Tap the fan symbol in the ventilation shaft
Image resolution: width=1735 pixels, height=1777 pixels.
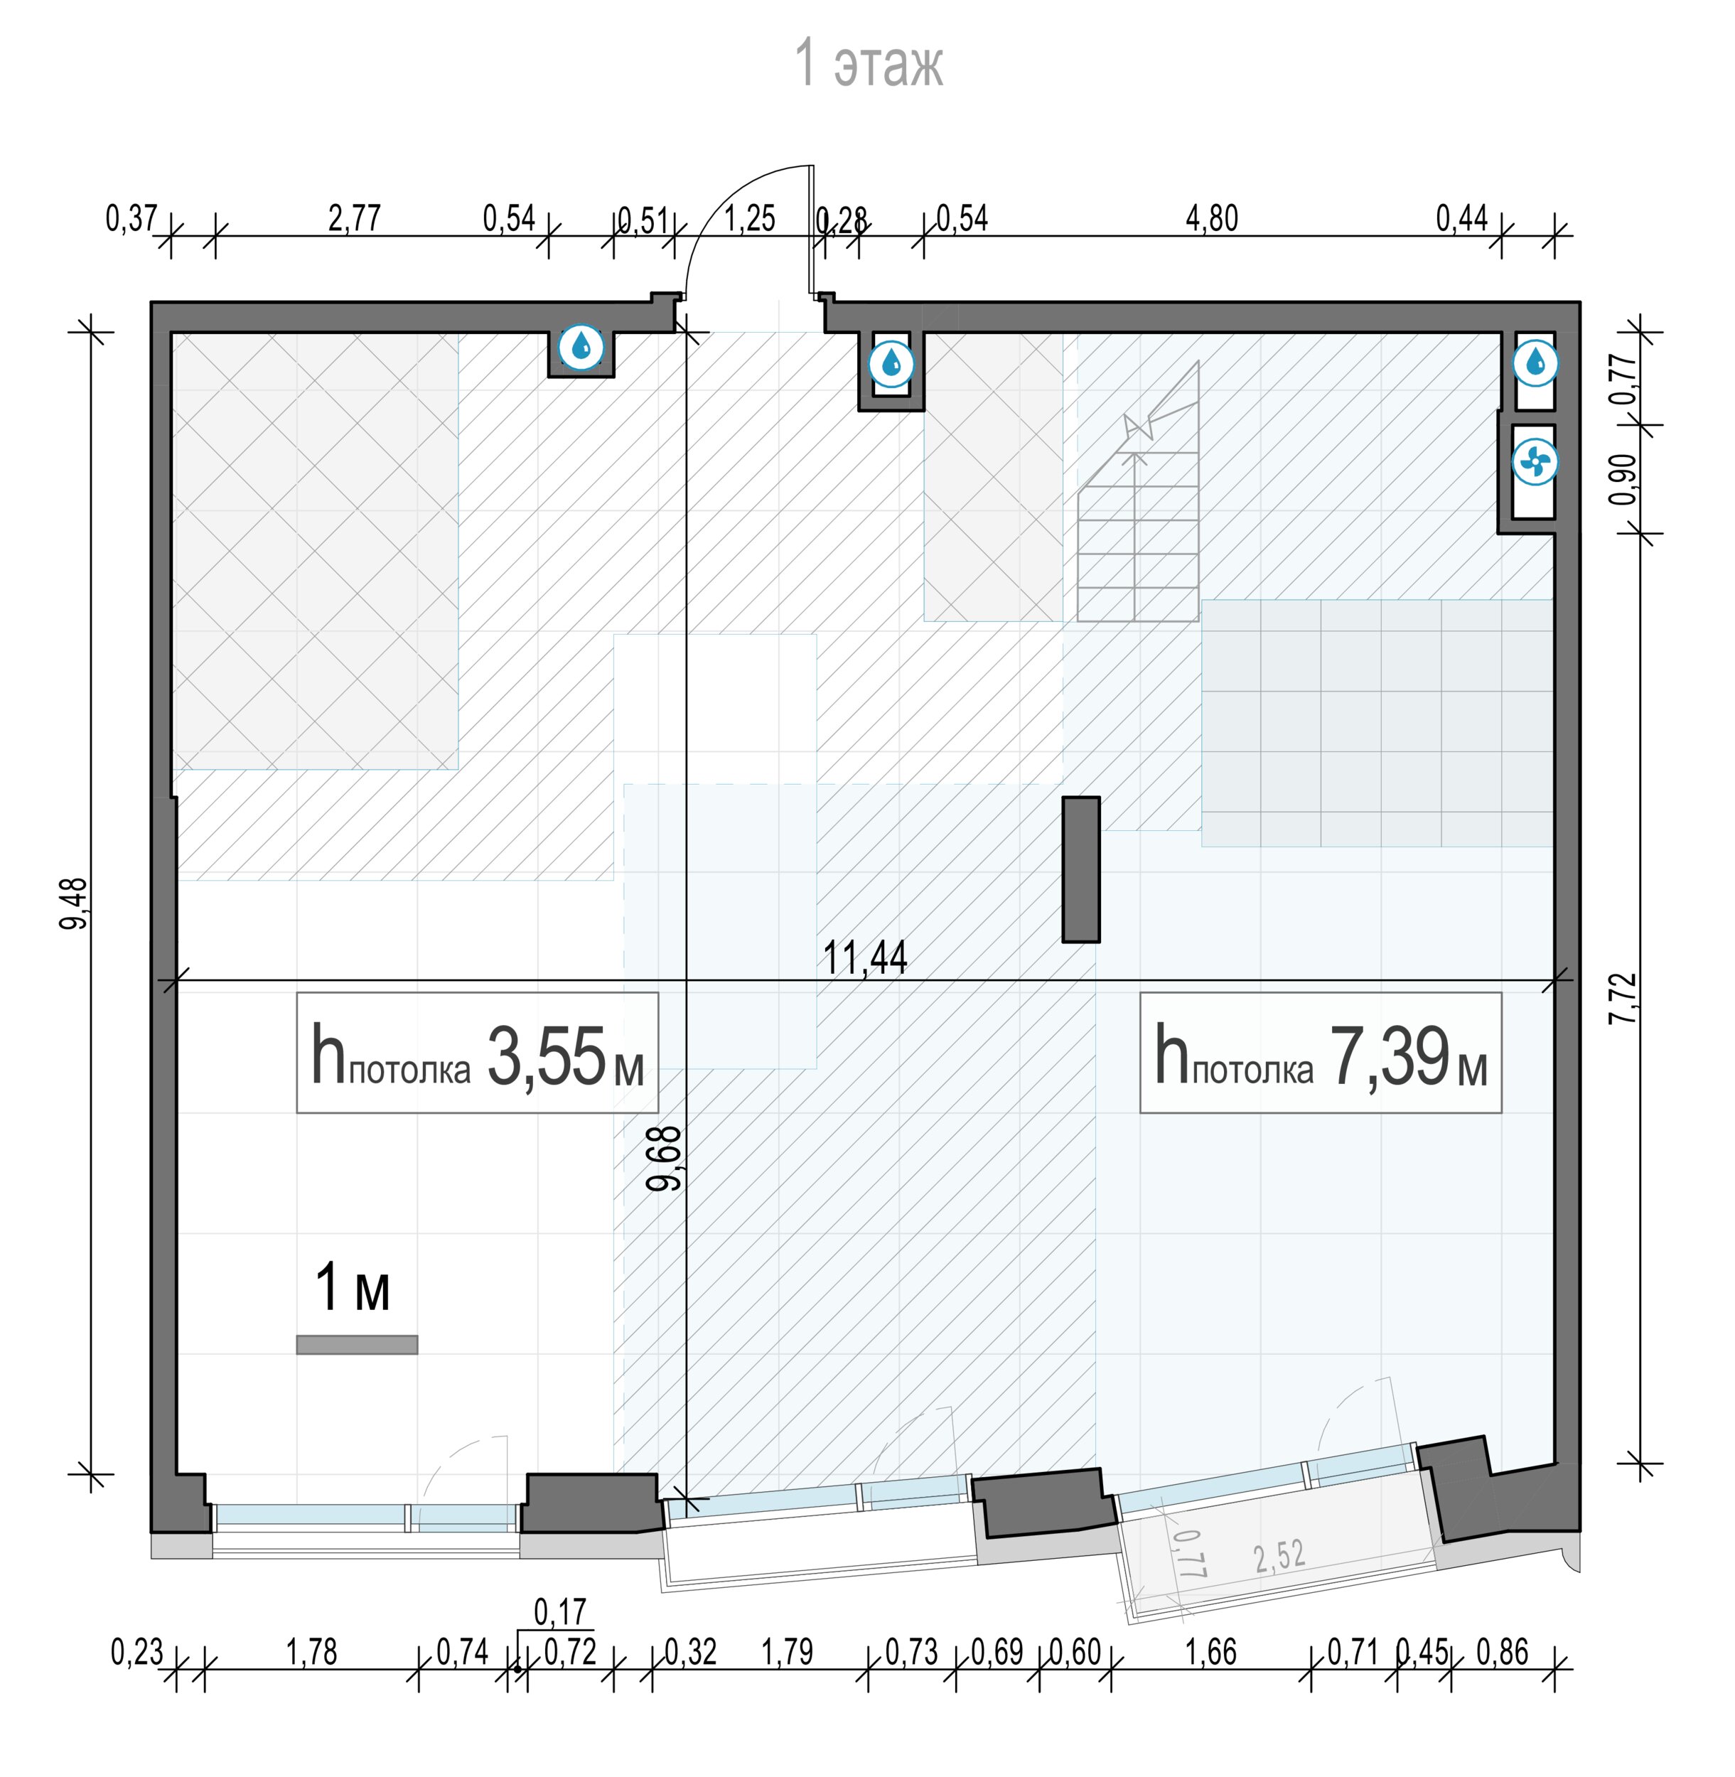pyautogui.click(x=1535, y=462)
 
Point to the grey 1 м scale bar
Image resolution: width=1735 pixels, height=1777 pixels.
pyautogui.click(x=358, y=1344)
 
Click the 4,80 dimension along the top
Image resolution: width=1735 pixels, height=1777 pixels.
pyautogui.click(x=1212, y=219)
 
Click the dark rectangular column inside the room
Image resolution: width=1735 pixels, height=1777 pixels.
pyautogui.click(x=1080, y=869)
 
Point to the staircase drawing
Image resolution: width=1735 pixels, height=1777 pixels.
pyautogui.click(x=1137, y=492)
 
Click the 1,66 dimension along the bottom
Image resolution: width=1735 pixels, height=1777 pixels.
pyautogui.click(x=1211, y=1652)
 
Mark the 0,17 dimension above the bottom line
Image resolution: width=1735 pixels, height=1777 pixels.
pyautogui.click(x=559, y=1612)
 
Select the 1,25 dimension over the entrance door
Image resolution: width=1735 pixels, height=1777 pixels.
pyautogui.click(x=749, y=219)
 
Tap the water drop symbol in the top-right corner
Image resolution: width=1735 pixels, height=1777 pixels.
pyautogui.click(x=1535, y=363)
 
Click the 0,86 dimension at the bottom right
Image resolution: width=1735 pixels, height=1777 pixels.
pyautogui.click(x=1502, y=1652)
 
